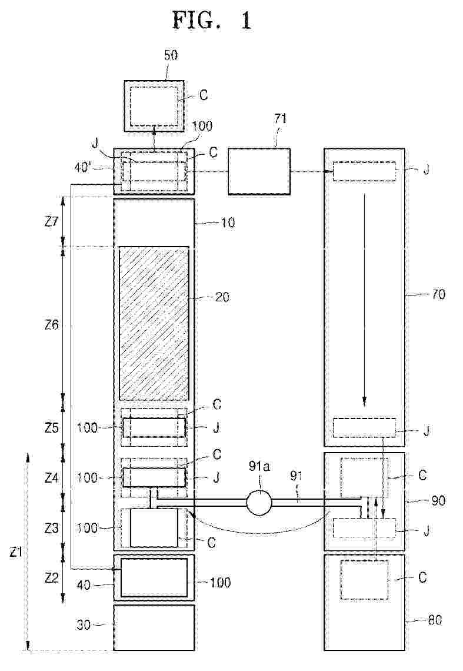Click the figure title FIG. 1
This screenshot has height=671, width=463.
click(x=212, y=20)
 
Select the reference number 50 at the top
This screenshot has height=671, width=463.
click(x=171, y=55)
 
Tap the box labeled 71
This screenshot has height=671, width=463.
click(x=259, y=172)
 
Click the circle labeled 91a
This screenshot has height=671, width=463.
click(x=259, y=502)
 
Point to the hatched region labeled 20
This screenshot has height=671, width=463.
click(x=154, y=324)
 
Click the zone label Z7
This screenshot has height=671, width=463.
click(x=51, y=222)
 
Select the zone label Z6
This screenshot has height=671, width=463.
click(x=51, y=325)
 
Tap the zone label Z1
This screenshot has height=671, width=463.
click(x=16, y=552)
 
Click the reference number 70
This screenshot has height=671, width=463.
click(x=438, y=294)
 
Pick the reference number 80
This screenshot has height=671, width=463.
click(x=435, y=620)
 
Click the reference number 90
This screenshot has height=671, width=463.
click(x=438, y=500)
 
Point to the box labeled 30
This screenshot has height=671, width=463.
click(x=154, y=627)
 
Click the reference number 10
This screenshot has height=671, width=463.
click(x=228, y=222)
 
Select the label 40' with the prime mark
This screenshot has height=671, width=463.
click(x=83, y=167)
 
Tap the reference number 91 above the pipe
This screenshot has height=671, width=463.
click(x=296, y=476)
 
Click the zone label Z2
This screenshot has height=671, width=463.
click(x=51, y=578)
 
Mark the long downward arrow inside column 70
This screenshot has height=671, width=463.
click(x=365, y=300)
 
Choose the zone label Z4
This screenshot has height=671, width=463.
click(x=51, y=477)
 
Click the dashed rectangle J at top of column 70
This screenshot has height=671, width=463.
click(x=365, y=171)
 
